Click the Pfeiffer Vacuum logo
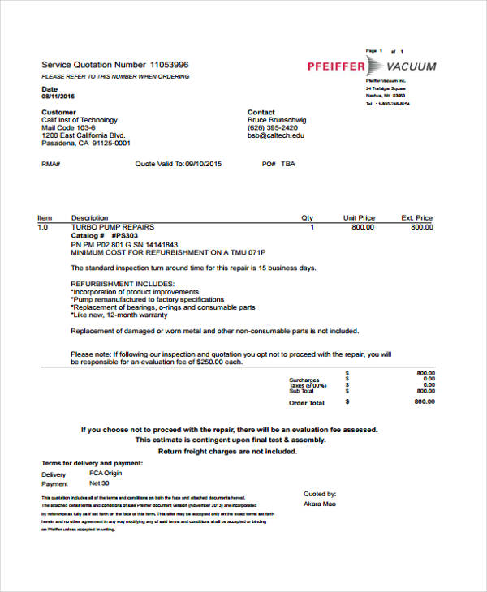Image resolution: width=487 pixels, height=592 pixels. pyautogui.click(x=372, y=66)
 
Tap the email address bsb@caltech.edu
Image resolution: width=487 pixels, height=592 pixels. pyautogui.click(x=276, y=135)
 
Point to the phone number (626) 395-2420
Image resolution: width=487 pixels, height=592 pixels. pyautogui.click(x=272, y=128)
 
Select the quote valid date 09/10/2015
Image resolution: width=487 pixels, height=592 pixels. pyautogui.click(x=203, y=164)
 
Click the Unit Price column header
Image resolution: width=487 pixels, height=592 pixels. pyautogui.click(x=359, y=218)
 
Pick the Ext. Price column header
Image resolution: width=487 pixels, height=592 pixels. pyautogui.click(x=417, y=218)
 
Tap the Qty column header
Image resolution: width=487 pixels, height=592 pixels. pyautogui.click(x=307, y=218)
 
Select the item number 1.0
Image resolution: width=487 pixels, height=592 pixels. pyautogui.click(x=44, y=228)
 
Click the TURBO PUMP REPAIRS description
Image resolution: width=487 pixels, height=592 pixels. pyautogui.click(x=112, y=228)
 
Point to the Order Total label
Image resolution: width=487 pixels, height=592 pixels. pyautogui.click(x=306, y=402)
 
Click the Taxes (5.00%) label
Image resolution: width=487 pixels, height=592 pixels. pyautogui.click(x=306, y=385)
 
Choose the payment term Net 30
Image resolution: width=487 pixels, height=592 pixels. pyautogui.click(x=100, y=484)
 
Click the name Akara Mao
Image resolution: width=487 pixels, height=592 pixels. pyautogui.click(x=319, y=504)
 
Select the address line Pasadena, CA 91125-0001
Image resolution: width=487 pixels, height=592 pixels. pyautogui.click(x=86, y=144)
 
